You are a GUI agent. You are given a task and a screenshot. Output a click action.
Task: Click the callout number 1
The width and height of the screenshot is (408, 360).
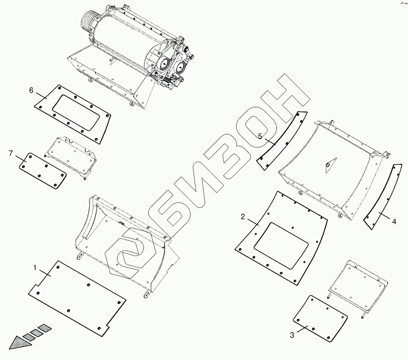(35, 268)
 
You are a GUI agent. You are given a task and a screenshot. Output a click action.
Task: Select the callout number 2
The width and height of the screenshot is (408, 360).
(243, 217)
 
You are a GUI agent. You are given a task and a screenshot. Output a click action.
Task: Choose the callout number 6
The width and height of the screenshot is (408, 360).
(31, 90)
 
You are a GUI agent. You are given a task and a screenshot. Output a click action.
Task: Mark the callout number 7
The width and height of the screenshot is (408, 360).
(10, 153)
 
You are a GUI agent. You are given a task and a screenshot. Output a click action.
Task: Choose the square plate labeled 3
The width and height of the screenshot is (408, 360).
(320, 317)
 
